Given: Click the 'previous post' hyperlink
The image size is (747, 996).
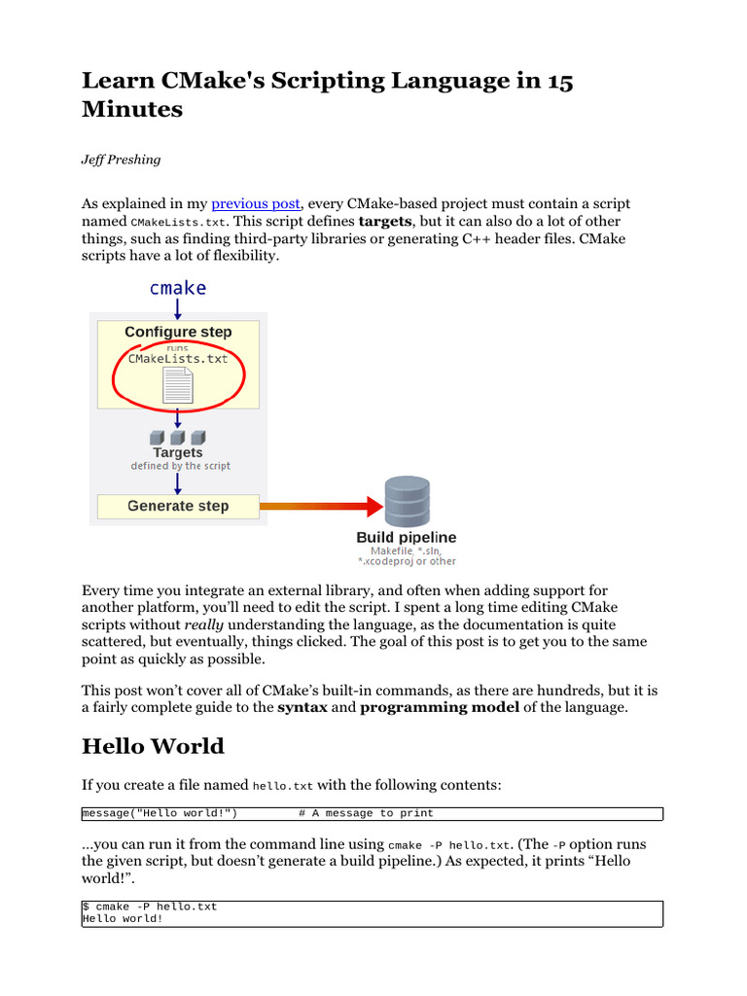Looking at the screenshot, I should tap(256, 204).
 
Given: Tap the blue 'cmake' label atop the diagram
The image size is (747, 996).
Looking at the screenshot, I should tap(178, 288).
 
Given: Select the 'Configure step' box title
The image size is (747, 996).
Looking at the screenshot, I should tap(178, 332).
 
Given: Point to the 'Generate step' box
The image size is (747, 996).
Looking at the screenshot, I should tap(178, 506).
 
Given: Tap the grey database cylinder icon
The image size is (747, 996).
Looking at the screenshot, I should tap(407, 502).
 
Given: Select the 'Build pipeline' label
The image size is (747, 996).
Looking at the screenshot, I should tap(407, 538).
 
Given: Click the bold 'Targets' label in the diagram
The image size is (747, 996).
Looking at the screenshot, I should tap(178, 452).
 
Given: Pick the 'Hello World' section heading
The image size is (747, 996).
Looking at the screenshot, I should tap(153, 747).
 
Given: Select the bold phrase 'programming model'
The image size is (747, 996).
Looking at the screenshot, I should tap(440, 707).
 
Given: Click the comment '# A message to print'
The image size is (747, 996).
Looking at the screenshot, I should tap(366, 813).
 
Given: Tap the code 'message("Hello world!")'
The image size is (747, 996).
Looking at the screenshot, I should tap(161, 813).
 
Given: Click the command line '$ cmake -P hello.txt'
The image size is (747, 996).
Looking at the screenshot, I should tap(150, 907).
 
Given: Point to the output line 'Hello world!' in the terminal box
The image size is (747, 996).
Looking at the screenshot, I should tap(123, 918).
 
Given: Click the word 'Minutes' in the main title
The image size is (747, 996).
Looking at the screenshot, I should tap(132, 109).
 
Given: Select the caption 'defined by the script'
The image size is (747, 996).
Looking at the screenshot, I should tap(181, 466).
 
